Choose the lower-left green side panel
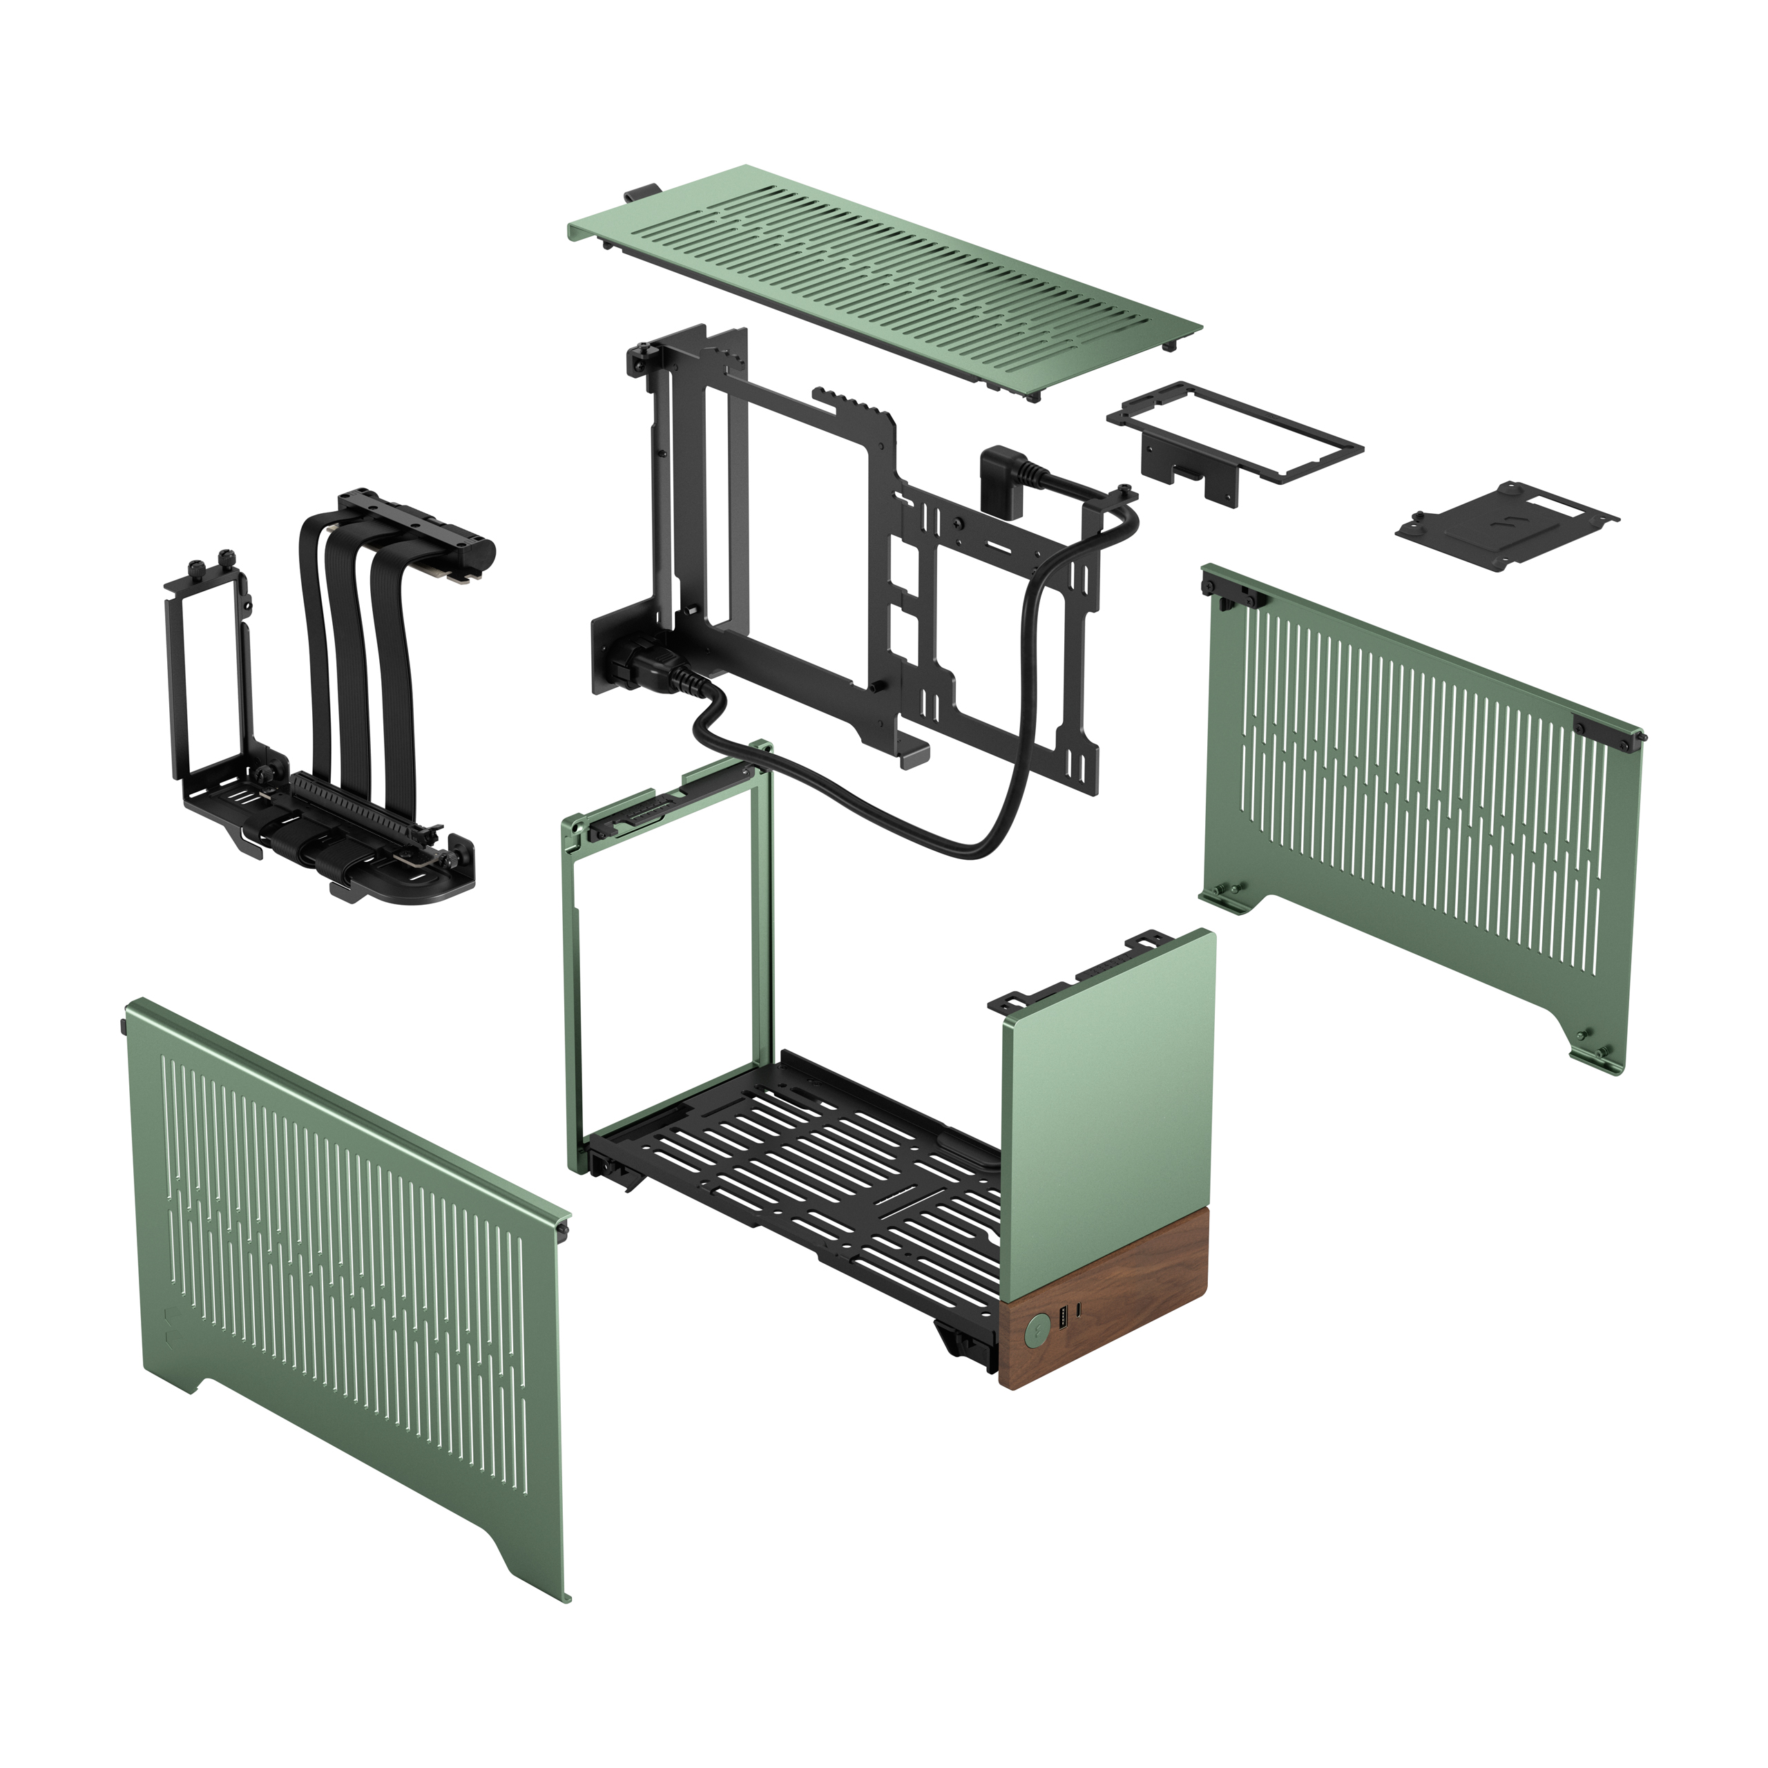coord(348,1281)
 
